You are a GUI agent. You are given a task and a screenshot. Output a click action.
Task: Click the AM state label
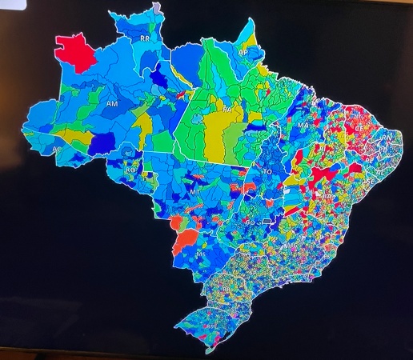coord(112,104)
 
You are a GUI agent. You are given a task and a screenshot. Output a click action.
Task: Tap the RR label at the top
coord(145,38)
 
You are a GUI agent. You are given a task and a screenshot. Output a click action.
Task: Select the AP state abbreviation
coord(243,51)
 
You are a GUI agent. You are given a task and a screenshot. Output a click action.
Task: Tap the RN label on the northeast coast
coord(387,138)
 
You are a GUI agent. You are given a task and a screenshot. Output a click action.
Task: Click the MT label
coord(194,194)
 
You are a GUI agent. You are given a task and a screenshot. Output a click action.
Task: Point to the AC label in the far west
coord(56,150)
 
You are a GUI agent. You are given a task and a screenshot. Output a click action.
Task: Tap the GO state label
coord(251,222)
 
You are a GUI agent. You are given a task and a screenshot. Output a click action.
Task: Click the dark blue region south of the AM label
coord(102,143)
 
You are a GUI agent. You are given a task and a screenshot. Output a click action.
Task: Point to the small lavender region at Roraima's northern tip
coord(158,6)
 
